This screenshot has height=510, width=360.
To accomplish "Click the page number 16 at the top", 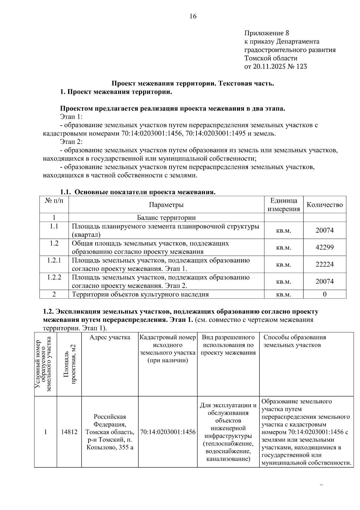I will [x=193, y=17].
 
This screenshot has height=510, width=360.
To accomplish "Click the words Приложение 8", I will [x=266, y=33].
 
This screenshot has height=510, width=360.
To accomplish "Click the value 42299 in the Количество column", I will [x=324, y=247].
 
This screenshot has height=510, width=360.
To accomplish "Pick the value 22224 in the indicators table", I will [x=324, y=264].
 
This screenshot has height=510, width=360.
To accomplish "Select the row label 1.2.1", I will [x=54, y=260].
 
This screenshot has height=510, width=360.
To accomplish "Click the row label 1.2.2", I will [x=54, y=277].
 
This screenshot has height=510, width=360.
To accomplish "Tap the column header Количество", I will [x=324, y=205].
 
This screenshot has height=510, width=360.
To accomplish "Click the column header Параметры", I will [x=166, y=205].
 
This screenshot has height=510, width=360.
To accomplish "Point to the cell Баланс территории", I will [x=166, y=218].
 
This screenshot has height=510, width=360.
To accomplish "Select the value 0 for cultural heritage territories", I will [x=324, y=294].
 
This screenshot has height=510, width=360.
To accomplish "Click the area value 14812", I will [x=69, y=432].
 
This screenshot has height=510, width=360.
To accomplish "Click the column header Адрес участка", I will [x=110, y=337].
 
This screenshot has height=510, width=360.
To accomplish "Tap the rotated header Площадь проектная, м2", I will [x=70, y=364].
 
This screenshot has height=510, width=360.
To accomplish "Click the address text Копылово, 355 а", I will [x=110, y=447].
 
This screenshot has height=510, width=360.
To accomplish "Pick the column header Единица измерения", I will [x=283, y=205].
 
